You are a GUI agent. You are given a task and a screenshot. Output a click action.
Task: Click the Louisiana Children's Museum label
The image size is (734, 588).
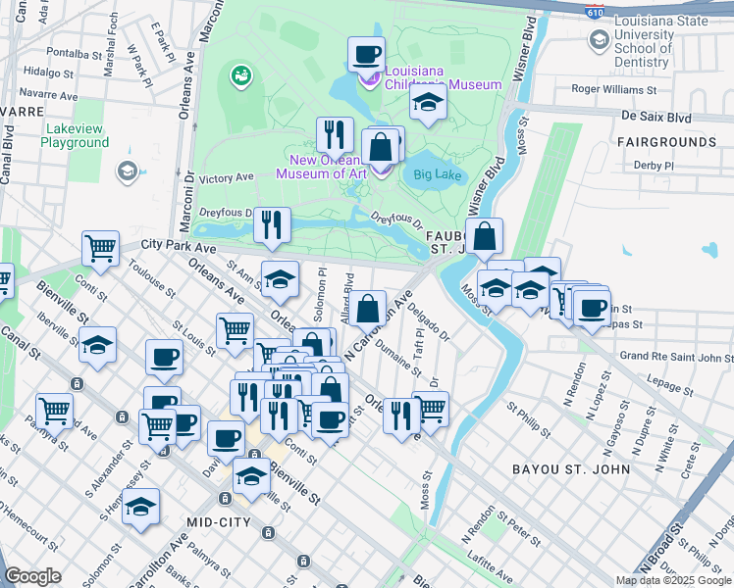pos(444,78)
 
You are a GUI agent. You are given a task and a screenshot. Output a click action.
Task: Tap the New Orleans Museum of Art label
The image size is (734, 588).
pos(321,168)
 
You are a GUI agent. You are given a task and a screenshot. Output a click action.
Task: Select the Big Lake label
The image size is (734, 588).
pos(437,175)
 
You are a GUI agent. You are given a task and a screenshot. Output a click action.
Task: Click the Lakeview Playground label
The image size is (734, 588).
pos(75,135)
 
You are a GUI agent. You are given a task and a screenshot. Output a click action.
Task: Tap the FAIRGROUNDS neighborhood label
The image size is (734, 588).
pos(666,142)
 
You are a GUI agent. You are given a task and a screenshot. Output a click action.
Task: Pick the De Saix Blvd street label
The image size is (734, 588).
pos(655,117)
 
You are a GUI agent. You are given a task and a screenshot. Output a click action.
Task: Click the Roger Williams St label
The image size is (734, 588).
pos(615,89)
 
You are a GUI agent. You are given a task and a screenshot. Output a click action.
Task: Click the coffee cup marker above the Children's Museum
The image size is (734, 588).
pos(366,55)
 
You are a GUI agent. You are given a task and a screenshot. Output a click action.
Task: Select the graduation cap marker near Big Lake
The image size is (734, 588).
pos(428,103)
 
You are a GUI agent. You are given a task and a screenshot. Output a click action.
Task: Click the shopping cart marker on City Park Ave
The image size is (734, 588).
pos(101,248)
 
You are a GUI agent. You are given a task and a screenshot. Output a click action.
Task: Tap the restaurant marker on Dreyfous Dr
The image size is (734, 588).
pos(272,224)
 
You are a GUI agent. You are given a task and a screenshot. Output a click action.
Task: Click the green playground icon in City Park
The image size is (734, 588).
pos(239,74)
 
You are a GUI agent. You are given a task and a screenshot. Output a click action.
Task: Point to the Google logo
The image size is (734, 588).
pos(33,576)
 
